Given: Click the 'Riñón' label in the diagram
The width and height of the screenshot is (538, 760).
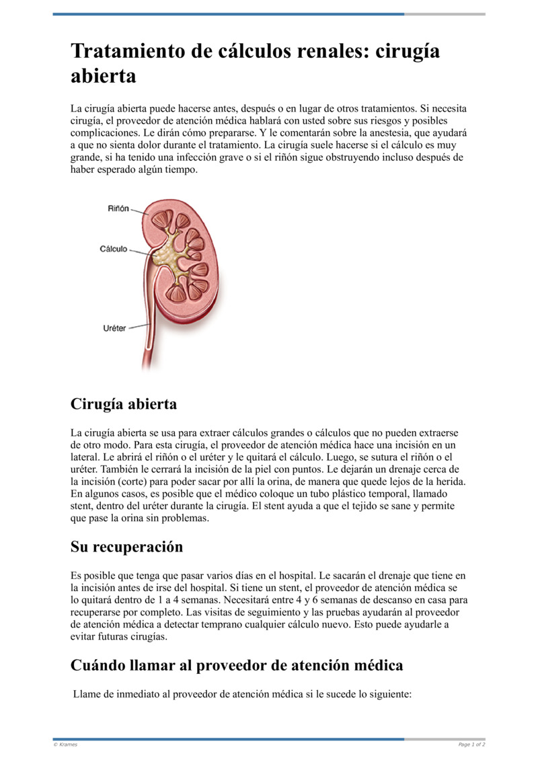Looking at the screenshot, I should click(x=118, y=208).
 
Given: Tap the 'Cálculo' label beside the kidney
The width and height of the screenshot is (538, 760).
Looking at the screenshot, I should click(x=114, y=249).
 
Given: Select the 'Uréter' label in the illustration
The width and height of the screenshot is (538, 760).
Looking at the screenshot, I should click(x=114, y=328).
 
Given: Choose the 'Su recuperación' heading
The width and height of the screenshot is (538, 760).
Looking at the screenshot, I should click(x=126, y=547).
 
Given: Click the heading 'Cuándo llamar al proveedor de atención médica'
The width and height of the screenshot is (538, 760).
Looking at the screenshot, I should click(x=237, y=665).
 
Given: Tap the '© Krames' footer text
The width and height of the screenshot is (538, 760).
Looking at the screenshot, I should click(x=65, y=745).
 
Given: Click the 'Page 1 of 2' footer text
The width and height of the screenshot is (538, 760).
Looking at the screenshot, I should click(x=471, y=745).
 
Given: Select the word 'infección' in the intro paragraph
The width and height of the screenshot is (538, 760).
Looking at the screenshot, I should click(x=193, y=157).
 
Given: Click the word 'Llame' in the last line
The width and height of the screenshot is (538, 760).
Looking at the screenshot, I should click(x=87, y=694).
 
